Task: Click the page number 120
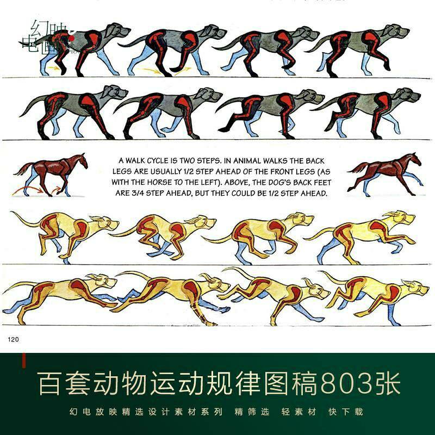point(13,339)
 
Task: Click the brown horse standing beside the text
point(52,173)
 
